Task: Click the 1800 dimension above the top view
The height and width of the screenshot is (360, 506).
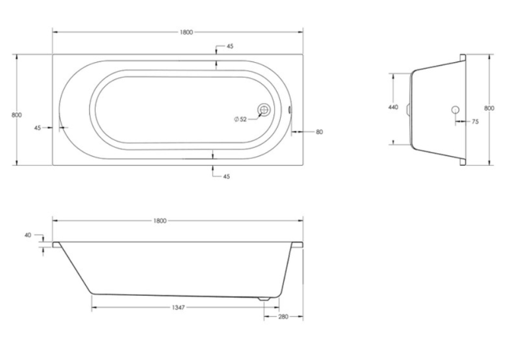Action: pos(186,32)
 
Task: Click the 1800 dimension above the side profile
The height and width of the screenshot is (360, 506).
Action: pos(160,221)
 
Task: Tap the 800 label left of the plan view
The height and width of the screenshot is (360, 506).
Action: pos(17,115)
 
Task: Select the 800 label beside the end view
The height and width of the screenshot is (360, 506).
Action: pos(489,108)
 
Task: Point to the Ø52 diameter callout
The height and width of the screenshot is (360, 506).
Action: pos(240,120)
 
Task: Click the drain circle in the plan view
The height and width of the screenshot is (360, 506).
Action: pos(264,110)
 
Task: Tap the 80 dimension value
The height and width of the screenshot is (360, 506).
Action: pos(319,132)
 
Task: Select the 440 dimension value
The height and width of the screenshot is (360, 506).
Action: pos(393,108)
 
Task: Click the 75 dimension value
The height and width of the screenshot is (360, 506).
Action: pos(475,122)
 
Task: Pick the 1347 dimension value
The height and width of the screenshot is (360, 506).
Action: pos(178,307)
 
